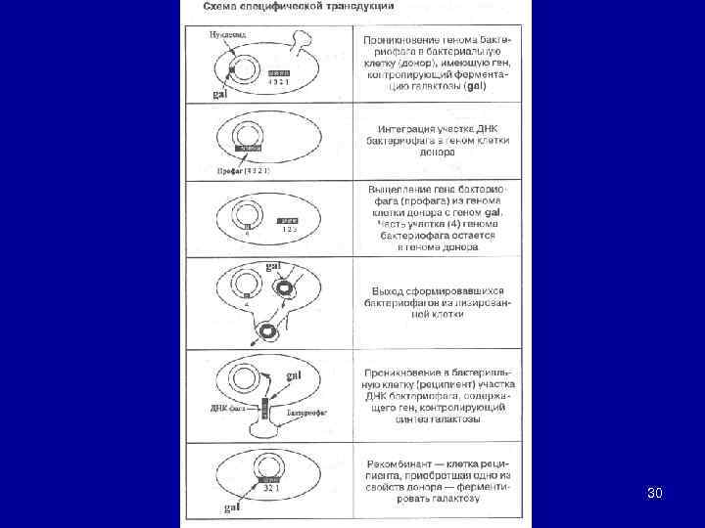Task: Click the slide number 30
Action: [x=655, y=493]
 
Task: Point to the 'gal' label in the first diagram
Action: [x=220, y=95]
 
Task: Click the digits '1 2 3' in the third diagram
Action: [x=289, y=229]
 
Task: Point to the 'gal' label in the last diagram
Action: [x=230, y=507]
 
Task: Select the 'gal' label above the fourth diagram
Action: [x=276, y=266]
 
